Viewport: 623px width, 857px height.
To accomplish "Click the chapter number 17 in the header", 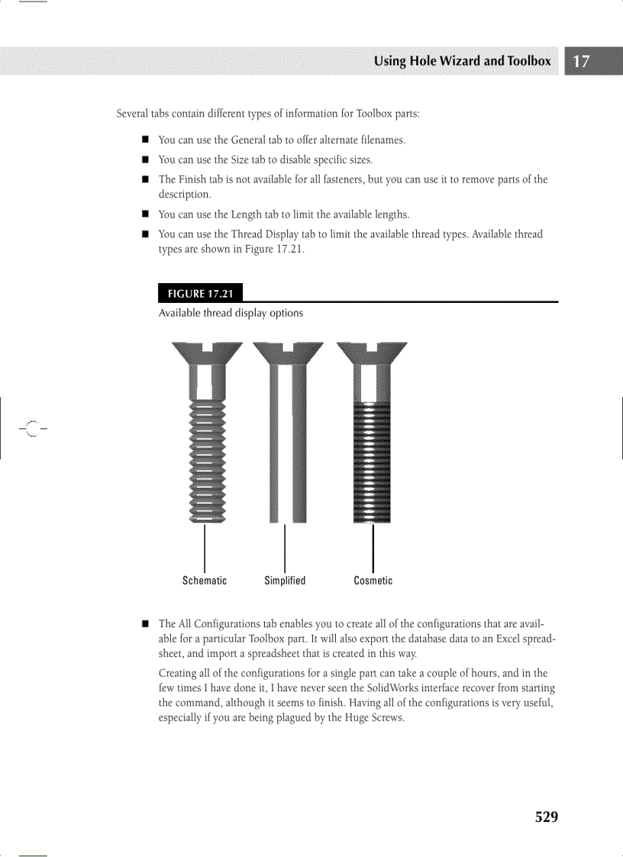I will pos(582,61).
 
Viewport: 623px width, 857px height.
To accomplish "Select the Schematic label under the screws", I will pos(205,581).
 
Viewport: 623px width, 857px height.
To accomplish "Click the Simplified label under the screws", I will pos(285,581).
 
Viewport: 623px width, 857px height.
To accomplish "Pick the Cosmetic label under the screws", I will pos(373,581).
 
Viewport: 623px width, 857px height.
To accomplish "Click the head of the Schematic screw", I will pos(207,353).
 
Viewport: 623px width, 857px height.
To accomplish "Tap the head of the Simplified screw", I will pos(288,353).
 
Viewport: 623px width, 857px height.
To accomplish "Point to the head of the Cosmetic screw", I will pos(372,353).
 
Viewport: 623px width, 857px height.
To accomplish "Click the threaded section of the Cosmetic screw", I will pos(372,462).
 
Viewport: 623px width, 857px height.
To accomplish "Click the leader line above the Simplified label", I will pos(285,546).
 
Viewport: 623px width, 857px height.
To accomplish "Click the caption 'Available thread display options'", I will pos(231,313).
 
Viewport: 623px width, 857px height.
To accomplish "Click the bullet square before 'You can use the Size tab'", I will pos(144,160).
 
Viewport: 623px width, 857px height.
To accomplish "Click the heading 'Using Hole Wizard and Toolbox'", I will pos(462,61).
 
